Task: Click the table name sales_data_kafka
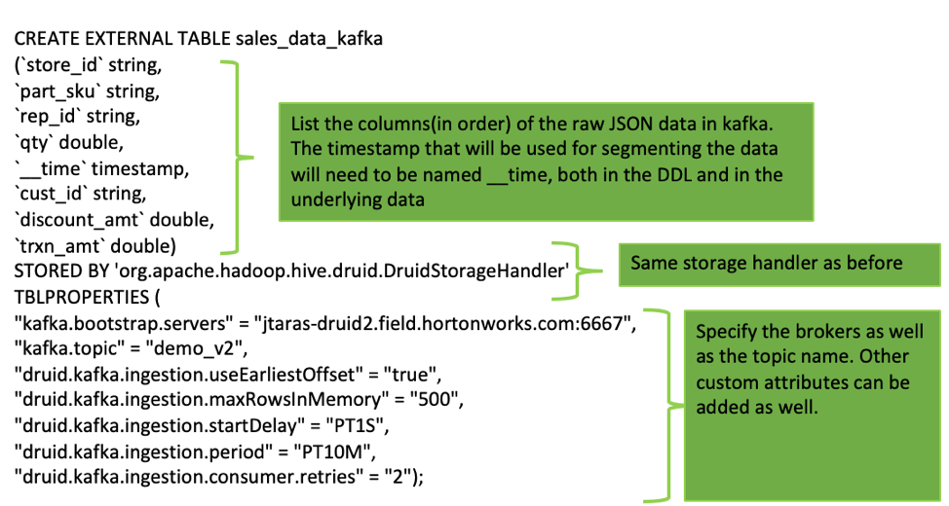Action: [309, 40]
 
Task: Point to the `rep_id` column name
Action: [50, 118]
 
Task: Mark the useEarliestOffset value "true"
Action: [414, 372]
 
